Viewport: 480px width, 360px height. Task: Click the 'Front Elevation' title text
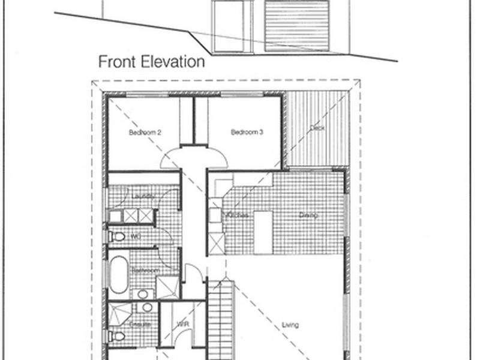(x=151, y=62)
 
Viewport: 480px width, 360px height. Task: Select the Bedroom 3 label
(x=247, y=133)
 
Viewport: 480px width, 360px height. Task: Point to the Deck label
(x=317, y=128)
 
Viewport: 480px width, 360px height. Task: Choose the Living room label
(x=290, y=325)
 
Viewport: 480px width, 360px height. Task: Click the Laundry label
(x=143, y=196)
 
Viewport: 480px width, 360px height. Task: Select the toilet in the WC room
(x=118, y=237)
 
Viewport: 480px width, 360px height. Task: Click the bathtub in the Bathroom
(x=118, y=274)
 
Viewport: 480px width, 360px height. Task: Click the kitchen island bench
(x=263, y=232)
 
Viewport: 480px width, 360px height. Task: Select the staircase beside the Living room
(x=220, y=318)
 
